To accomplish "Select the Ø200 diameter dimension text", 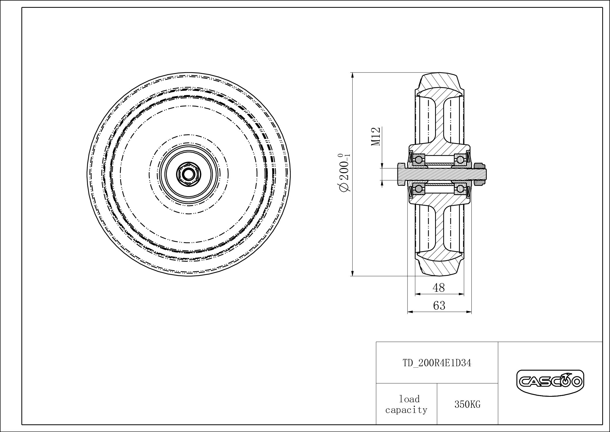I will (x=345, y=173).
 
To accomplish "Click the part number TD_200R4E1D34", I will (x=437, y=363).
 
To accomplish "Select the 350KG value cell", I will (x=467, y=405).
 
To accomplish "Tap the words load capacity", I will (x=407, y=404).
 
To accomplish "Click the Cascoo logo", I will (x=550, y=382).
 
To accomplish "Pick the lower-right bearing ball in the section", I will (x=460, y=189).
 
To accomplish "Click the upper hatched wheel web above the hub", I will (x=439, y=121).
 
